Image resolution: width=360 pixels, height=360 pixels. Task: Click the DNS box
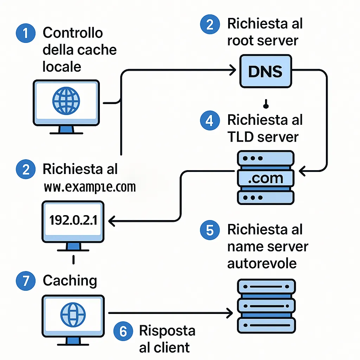tap(265, 71)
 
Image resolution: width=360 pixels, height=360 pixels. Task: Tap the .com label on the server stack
tap(265, 179)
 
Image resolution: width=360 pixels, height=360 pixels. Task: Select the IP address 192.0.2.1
tap(73, 220)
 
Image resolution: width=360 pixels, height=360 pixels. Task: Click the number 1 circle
tap(26, 34)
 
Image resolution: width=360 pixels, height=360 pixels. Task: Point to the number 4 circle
tap(210, 121)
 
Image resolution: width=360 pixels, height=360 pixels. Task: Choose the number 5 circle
tap(210, 230)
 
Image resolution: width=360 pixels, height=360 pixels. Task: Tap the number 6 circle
tap(123, 332)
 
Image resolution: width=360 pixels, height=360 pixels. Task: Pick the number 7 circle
tap(26, 281)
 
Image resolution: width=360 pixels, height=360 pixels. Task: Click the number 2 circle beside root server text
tap(210, 25)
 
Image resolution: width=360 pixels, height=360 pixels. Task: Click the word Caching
tap(70, 281)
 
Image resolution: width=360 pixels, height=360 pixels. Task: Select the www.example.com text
tap(90, 187)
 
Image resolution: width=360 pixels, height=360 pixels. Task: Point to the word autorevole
tap(262, 263)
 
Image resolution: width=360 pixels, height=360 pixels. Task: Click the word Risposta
tap(167, 331)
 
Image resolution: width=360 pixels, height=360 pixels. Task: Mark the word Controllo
tap(72, 33)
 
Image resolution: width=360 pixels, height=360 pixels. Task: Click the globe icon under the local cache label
tap(66, 101)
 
